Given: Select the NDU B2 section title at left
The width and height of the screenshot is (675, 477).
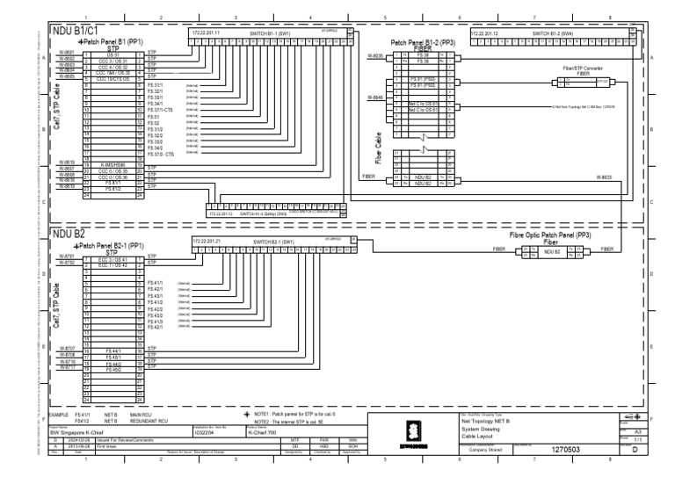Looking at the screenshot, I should coord(69,235).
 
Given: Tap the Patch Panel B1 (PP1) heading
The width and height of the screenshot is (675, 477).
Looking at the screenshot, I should coord(112,41).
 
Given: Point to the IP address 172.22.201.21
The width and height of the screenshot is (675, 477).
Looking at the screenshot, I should coord(207,239).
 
